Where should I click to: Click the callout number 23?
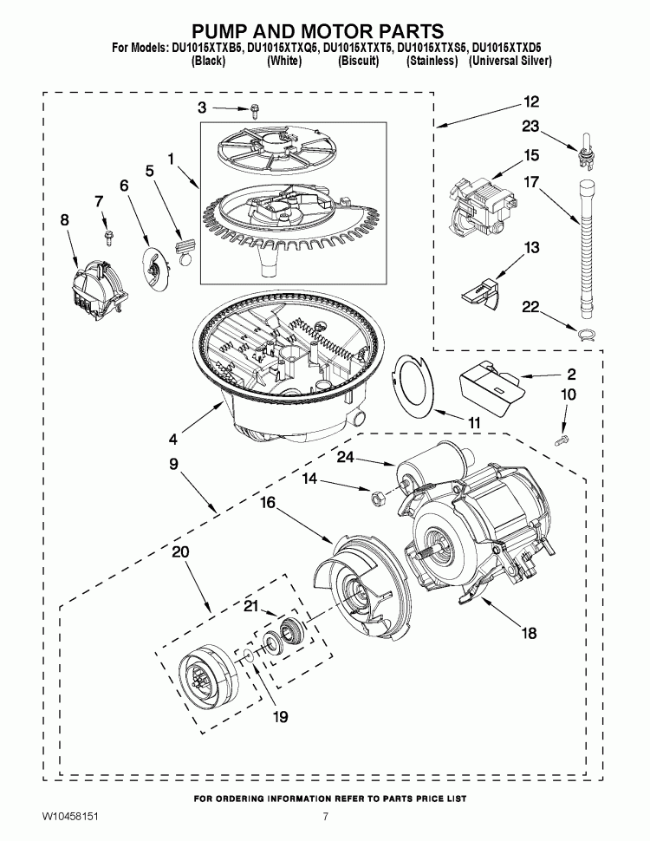tap(531, 126)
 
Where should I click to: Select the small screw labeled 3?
tap(255, 109)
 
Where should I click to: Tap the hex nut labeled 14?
tap(378, 497)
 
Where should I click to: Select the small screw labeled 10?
tap(563, 441)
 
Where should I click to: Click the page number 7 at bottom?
tap(325, 817)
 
